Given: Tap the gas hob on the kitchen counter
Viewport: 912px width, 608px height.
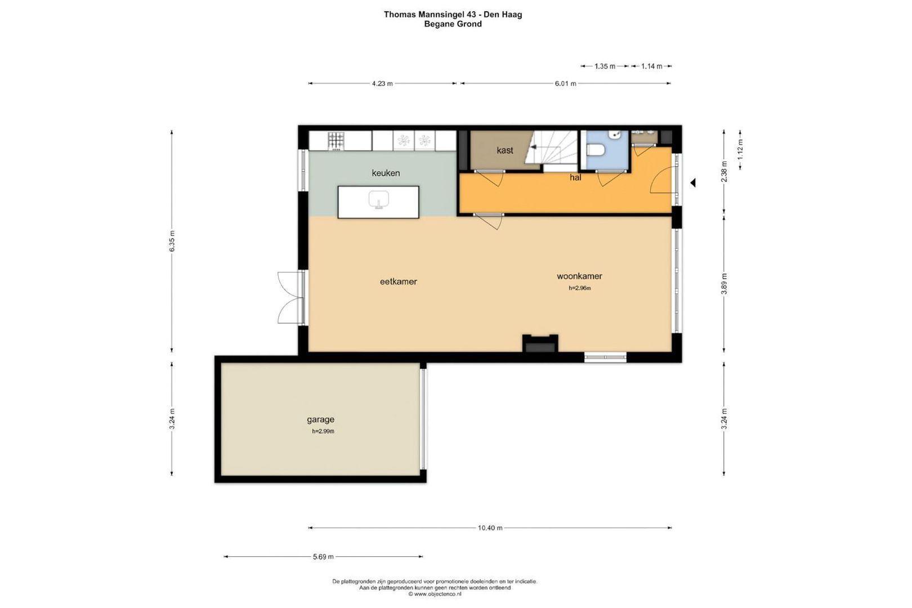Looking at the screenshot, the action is pyautogui.click(x=336, y=141).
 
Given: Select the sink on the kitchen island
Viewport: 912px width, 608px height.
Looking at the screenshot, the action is pyautogui.click(x=379, y=200).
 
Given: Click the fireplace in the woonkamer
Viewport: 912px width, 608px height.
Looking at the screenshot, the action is pyautogui.click(x=540, y=343).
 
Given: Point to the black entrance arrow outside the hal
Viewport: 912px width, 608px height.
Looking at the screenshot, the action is pyautogui.click(x=693, y=184).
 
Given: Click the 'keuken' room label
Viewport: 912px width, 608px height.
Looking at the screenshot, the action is pyautogui.click(x=386, y=173).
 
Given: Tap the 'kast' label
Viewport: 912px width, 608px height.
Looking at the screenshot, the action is pyautogui.click(x=505, y=150).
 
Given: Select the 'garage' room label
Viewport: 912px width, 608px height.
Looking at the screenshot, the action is pyautogui.click(x=320, y=419).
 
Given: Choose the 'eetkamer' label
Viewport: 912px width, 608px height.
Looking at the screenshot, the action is pyautogui.click(x=398, y=281).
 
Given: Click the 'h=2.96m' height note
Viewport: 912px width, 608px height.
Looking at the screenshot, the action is pyautogui.click(x=580, y=288).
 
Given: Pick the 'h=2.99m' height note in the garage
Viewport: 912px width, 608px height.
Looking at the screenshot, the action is pyautogui.click(x=323, y=431).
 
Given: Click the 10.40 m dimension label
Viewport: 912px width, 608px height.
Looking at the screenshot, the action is pyautogui.click(x=490, y=527).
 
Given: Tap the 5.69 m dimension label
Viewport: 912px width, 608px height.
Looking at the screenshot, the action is pyautogui.click(x=323, y=557).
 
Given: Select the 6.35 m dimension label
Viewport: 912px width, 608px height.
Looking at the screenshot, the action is pyautogui.click(x=172, y=241).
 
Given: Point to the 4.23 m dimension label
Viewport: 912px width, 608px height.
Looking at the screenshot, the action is pyautogui.click(x=382, y=83).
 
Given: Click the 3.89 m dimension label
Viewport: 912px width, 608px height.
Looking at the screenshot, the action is pyautogui.click(x=724, y=284).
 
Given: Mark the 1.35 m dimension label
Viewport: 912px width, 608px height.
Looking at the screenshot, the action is pyautogui.click(x=605, y=66).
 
